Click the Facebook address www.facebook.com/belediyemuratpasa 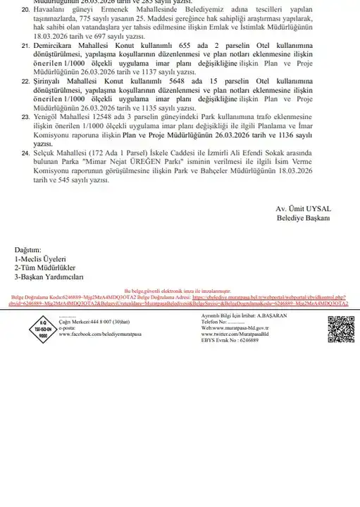pyautogui.click(x=101, y=334)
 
